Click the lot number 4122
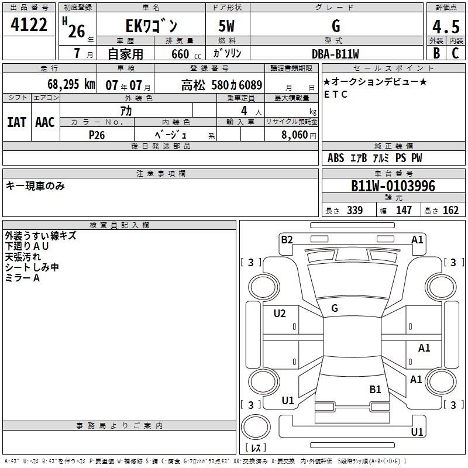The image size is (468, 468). [x=29, y=25]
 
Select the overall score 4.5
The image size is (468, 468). [x=446, y=26]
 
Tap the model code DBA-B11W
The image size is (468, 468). [x=335, y=54]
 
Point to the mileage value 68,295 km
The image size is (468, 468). [x=71, y=84]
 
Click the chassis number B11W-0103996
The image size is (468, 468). [x=393, y=186]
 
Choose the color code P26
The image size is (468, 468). [x=97, y=135]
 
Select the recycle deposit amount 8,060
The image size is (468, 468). [x=294, y=135]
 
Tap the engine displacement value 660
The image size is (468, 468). [x=180, y=54]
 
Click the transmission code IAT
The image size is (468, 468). [x=16, y=122]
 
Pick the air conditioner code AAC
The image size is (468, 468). [x=45, y=122]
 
